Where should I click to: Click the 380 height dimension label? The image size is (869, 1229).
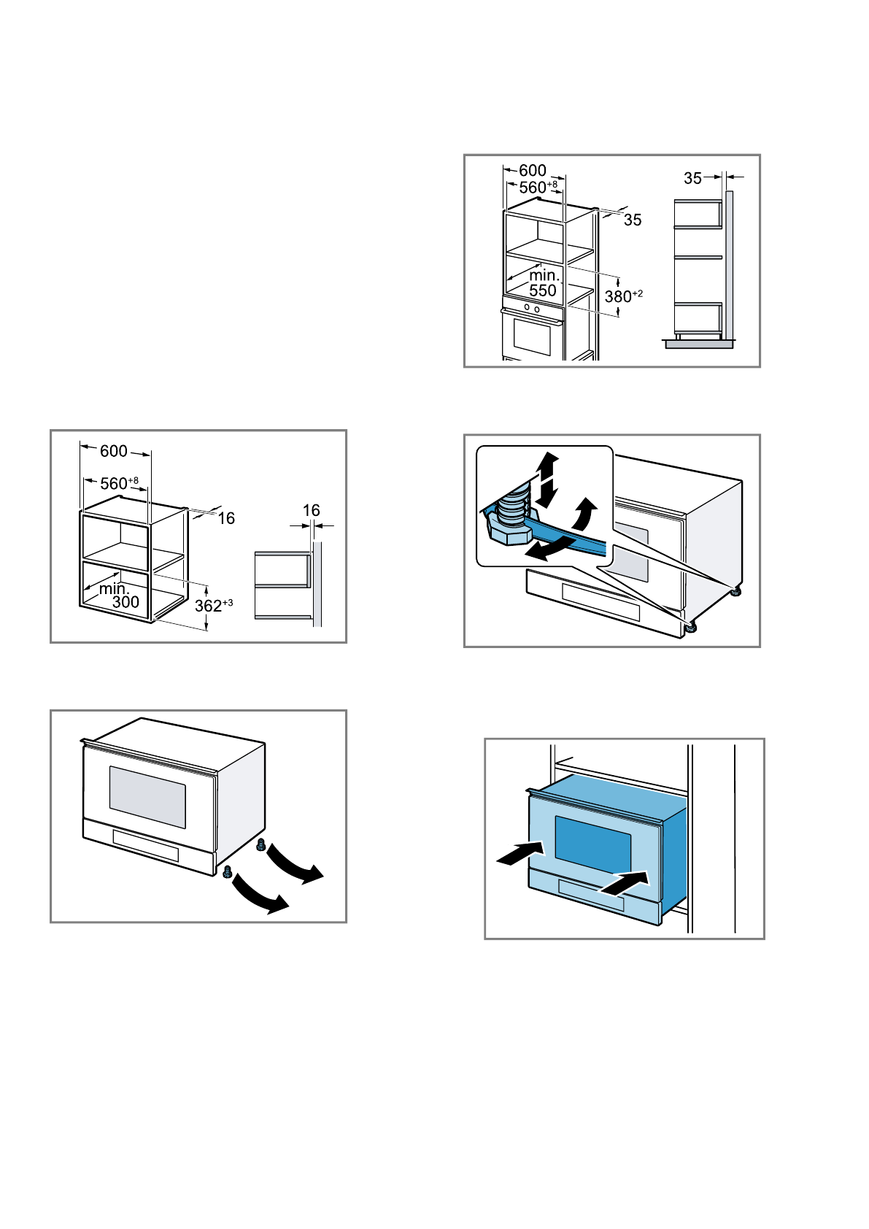point(622,296)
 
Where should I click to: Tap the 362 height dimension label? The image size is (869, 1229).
point(212,606)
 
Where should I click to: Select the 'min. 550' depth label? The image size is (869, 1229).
point(544,283)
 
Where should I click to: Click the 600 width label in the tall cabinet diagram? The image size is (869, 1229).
point(533,171)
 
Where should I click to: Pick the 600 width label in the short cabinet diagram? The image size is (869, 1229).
point(114,452)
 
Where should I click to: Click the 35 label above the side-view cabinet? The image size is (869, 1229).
point(692,178)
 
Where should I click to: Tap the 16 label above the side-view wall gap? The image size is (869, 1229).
point(312,511)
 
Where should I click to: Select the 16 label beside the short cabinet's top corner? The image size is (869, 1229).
point(226,519)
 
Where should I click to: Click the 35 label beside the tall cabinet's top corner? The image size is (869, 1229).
point(633,220)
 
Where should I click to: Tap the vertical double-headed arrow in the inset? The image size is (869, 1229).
point(546,479)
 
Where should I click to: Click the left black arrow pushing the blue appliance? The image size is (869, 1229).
point(520,852)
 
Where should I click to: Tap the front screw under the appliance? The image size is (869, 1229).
point(227,871)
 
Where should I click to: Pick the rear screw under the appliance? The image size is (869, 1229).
point(260,845)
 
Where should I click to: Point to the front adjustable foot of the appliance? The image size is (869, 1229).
point(690,626)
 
